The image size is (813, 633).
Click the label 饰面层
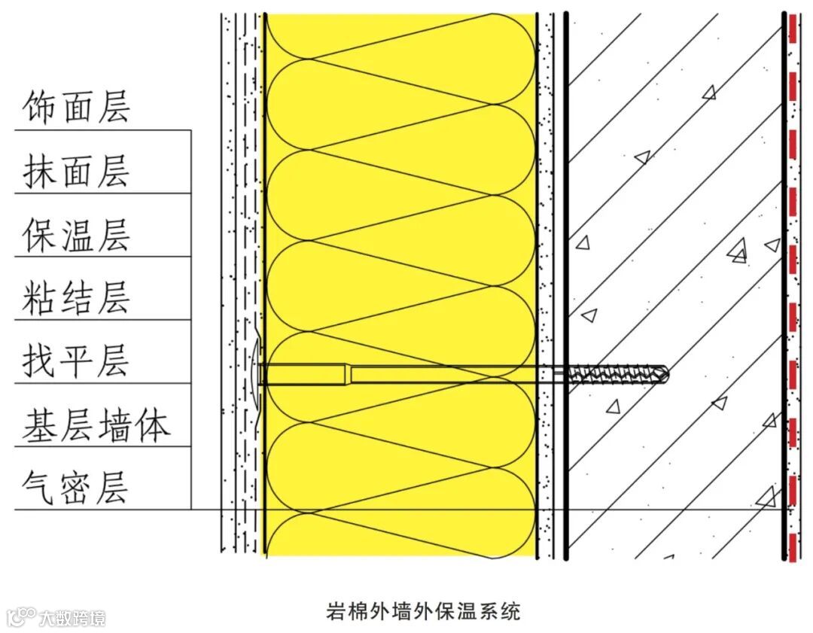tap(76, 108)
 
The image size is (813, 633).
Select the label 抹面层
tap(76, 171)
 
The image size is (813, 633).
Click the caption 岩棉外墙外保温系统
tap(422, 610)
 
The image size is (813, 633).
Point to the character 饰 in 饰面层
tap(38, 108)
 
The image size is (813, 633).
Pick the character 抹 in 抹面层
tap(38, 171)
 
